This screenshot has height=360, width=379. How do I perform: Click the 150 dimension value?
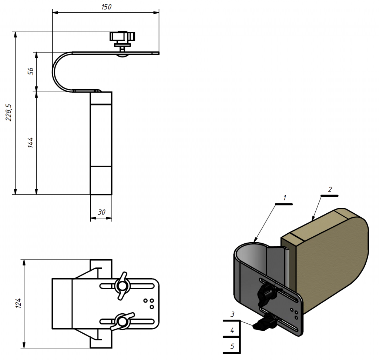pyautogui.click(x=106, y=7)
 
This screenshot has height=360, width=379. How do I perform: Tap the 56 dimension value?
pyautogui.click(x=31, y=71)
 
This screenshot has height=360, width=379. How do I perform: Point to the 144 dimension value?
pyautogui.click(x=31, y=143)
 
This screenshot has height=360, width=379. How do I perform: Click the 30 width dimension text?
pyautogui.click(x=101, y=212)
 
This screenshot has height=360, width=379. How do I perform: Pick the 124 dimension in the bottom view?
pyautogui.click(x=19, y=303)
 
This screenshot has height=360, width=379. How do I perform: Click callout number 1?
pyautogui.click(x=285, y=198)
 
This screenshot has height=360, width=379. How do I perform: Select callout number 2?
pyautogui.click(x=329, y=190)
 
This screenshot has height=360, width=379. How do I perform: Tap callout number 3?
pyautogui.click(x=232, y=314)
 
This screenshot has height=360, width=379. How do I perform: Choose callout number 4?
pyautogui.click(x=232, y=330)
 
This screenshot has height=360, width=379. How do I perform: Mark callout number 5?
pyautogui.click(x=232, y=347)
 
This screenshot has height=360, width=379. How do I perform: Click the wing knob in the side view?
pyautogui.click(x=122, y=37)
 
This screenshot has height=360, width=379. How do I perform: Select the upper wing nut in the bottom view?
pyautogui.click(x=121, y=286)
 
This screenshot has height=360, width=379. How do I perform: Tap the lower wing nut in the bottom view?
pyautogui.click(x=121, y=321)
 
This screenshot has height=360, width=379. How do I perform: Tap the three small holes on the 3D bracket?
pyautogui.click(x=294, y=313)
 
